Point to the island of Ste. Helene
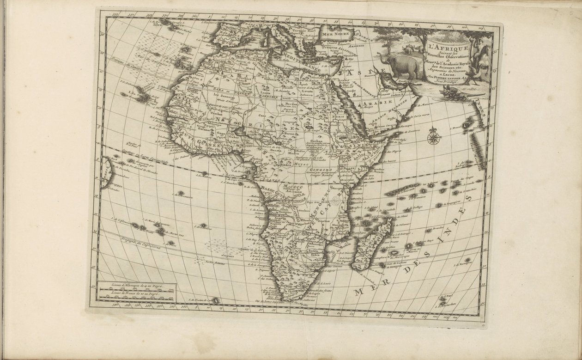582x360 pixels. [x=202, y=226]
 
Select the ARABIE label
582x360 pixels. [x=380, y=102]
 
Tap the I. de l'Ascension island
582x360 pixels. [x=181, y=193]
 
